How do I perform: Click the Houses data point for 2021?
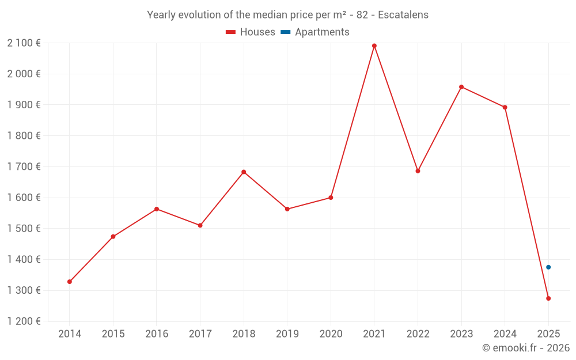pos(374,46)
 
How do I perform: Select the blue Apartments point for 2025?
pos(548,267)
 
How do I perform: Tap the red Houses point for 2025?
pos(548,298)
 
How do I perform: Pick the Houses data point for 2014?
pos(70,282)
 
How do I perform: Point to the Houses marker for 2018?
pos(244,172)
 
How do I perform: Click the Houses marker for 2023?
pos(461,87)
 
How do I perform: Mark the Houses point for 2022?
pos(418,171)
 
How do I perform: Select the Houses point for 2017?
pos(200,225)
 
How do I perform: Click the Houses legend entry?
pos(251,32)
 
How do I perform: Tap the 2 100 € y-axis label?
pos(24,43)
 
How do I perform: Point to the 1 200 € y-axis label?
pos(24,321)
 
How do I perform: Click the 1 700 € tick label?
pos(24,166)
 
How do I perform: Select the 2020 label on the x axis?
pos(331,334)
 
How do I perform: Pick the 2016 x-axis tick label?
pos(157,334)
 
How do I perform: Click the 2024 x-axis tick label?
pos(505,334)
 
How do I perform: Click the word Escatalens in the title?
pos(403,15)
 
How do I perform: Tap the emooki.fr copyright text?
pos(525,348)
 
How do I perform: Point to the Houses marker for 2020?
pos(331,198)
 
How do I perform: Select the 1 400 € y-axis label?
pos(24,259)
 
